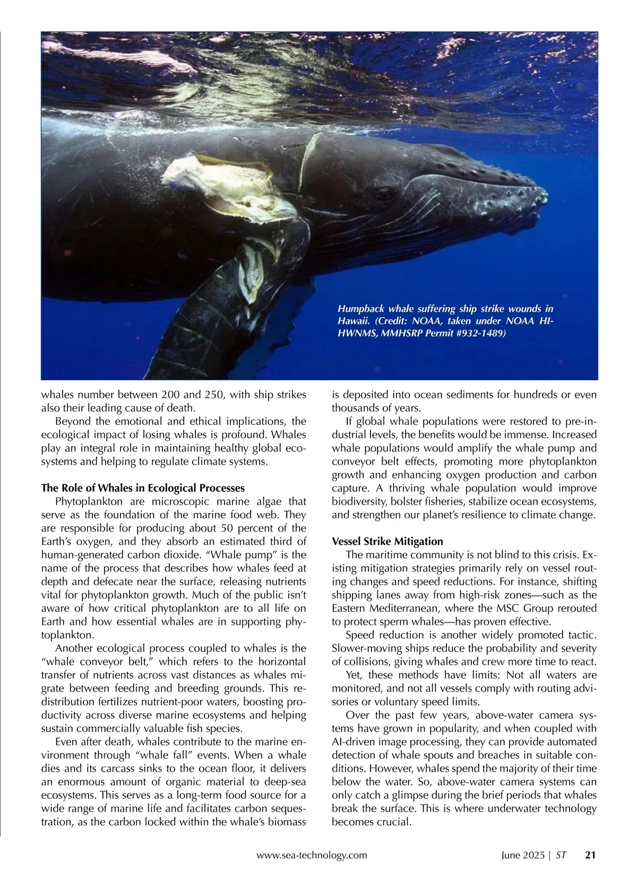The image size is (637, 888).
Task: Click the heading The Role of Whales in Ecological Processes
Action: click(x=143, y=488)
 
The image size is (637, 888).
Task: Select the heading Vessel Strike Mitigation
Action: click(x=387, y=541)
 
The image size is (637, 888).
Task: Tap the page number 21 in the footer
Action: click(x=590, y=855)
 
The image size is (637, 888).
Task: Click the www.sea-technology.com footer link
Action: click(x=312, y=855)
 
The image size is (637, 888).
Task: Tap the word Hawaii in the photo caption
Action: click(x=354, y=321)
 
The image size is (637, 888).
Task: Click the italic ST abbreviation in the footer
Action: click(x=561, y=855)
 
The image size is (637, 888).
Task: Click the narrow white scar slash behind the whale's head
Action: click(x=309, y=159)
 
